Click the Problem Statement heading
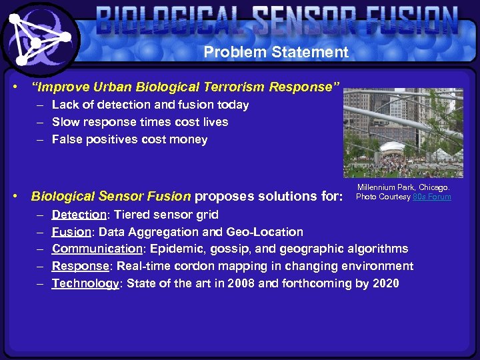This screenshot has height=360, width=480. point(276,52)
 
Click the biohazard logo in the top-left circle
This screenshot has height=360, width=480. point(39,39)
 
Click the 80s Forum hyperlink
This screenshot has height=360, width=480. point(432,197)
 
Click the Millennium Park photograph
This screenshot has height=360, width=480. point(403,133)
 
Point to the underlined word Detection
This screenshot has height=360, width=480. point(79,215)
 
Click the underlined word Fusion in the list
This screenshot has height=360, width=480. point(72,232)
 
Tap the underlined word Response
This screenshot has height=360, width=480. point(80,266)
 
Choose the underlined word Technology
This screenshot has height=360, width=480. point(85,283)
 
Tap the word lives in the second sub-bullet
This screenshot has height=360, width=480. point(213,122)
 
